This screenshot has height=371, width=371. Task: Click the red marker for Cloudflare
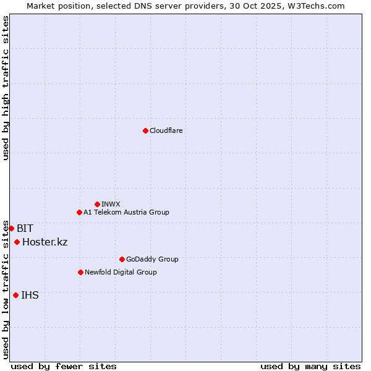coord(145,130)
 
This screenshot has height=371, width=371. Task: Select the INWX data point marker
coord(97,204)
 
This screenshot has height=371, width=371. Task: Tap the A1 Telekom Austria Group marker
coord(79,212)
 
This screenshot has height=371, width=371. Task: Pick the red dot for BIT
coord(11,228)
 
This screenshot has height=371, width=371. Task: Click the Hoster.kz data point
coord(17,242)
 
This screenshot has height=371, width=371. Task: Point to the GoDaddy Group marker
coord(122,259)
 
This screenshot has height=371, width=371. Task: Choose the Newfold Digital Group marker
coord(80,272)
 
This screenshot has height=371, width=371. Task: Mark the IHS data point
coord(15,295)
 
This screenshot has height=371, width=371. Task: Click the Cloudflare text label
coord(166,130)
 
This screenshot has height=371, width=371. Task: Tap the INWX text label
coord(111,204)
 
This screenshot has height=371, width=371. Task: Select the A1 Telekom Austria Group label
coord(126,212)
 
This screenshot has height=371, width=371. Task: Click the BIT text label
coord(25,228)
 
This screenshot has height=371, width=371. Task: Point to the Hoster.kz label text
coord(45,242)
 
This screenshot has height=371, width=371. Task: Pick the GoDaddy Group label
coord(152,259)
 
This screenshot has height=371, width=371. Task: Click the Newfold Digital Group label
coord(121,272)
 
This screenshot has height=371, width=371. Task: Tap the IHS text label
coord(30,295)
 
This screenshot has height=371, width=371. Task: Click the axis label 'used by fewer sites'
coord(64,366)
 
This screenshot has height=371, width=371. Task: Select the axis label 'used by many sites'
coord(310,366)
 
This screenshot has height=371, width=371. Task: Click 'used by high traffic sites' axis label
coord(6,88)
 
